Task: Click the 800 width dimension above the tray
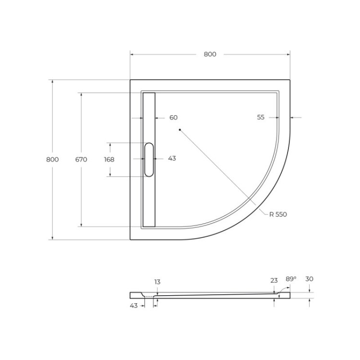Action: pyautogui.click(x=210, y=54)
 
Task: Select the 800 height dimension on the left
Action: pyautogui.click(x=52, y=159)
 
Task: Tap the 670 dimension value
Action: pyautogui.click(x=81, y=159)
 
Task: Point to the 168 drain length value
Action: pyautogui.click(x=109, y=159)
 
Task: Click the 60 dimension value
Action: pyautogui.click(x=173, y=118)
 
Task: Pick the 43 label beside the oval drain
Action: pyautogui.click(x=172, y=158)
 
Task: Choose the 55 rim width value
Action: pyautogui.click(x=261, y=118)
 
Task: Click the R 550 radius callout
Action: pyautogui.click(x=278, y=215)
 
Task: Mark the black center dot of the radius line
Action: pyautogui.click(x=180, y=130)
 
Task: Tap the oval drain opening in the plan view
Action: pyautogui.click(x=149, y=159)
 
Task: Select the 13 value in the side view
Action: pyautogui.click(x=157, y=282)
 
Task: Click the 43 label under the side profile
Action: pyautogui.click(x=134, y=305)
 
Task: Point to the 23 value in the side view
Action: pyautogui.click(x=274, y=280)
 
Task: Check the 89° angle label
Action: pyautogui.click(x=291, y=279)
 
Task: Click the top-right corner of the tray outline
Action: pyautogui.click(x=289, y=80)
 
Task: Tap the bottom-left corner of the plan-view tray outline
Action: pyautogui.click(x=130, y=240)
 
